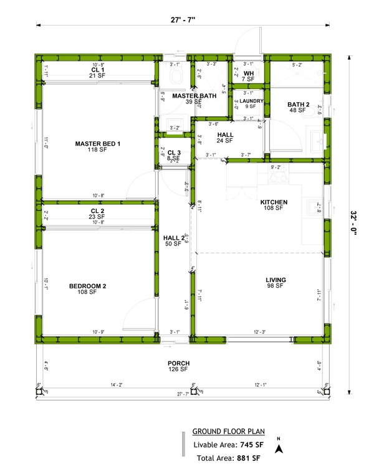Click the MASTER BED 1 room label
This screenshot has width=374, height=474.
pos(97,144)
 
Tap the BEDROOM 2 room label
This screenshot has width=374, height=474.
pos(87,287)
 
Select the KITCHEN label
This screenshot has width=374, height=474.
pos(274,202)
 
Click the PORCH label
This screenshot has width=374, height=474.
pos(178,364)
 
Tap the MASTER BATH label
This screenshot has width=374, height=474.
pos(194,96)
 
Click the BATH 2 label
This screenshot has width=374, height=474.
pos(296,105)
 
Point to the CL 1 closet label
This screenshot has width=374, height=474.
pos(97,70)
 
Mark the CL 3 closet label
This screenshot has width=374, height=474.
pos(174,153)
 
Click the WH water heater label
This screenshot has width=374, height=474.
pos(248,73)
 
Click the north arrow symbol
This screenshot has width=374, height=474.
pos(280,447)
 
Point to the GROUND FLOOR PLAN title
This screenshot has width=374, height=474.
pos(228,431)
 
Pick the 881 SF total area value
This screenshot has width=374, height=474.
pos(248,458)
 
